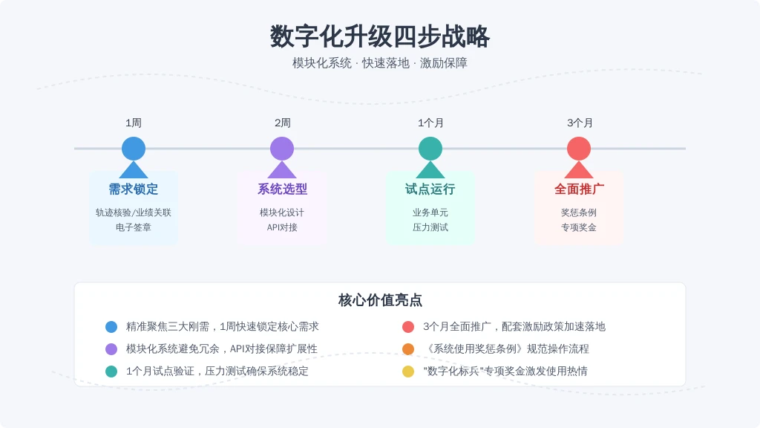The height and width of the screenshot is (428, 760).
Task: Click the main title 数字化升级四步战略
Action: (x=379, y=36)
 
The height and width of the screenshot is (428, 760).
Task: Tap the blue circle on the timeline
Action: (x=134, y=149)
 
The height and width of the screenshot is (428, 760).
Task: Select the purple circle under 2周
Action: (x=282, y=149)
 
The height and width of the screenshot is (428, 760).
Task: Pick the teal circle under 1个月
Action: (x=430, y=149)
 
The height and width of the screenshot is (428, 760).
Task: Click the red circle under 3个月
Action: (x=579, y=149)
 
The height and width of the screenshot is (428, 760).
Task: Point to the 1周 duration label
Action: (x=134, y=123)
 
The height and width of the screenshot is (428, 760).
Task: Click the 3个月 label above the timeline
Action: (x=580, y=123)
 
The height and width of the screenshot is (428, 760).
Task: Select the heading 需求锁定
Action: (x=134, y=189)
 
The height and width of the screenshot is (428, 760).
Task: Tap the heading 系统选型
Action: (x=282, y=189)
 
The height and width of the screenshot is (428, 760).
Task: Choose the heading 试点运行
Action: (x=430, y=189)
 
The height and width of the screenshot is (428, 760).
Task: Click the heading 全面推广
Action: (x=579, y=189)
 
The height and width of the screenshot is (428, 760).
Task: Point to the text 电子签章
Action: (x=134, y=227)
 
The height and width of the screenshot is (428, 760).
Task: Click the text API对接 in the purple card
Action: (x=282, y=227)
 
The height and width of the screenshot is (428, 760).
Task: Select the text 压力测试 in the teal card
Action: (x=430, y=227)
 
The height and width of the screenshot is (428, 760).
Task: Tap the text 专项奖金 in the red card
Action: (x=579, y=227)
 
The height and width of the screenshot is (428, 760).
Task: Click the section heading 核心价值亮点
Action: (x=380, y=300)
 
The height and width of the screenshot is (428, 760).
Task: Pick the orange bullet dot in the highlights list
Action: (x=408, y=349)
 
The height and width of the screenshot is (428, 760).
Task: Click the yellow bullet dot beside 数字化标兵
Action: (x=408, y=372)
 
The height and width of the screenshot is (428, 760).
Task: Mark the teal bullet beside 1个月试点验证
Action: (x=111, y=372)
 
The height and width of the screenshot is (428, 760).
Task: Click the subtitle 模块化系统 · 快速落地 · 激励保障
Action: (x=379, y=63)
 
